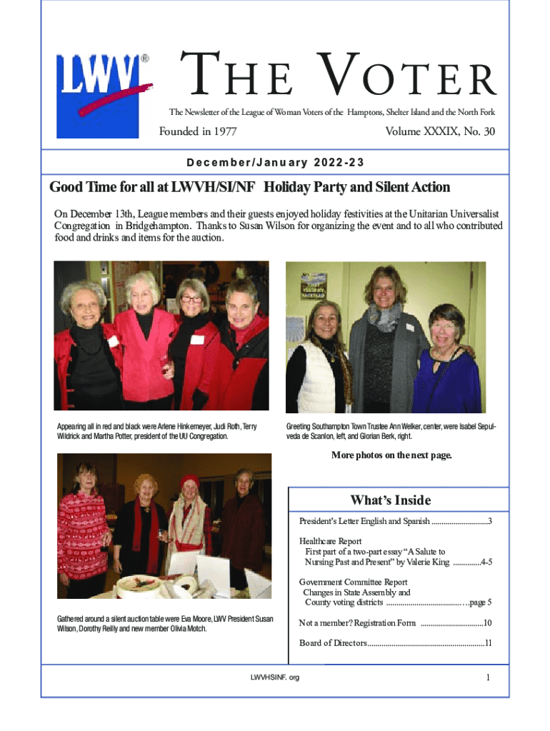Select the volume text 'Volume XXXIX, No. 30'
[x=439, y=131]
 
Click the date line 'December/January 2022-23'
[x=275, y=162]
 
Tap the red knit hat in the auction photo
[x=189, y=480]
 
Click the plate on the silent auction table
[x=141, y=583]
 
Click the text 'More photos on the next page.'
[x=391, y=455]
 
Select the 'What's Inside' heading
[x=390, y=500]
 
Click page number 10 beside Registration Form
[x=487, y=623]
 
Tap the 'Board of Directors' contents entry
[x=333, y=643]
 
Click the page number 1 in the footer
[x=487, y=678]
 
